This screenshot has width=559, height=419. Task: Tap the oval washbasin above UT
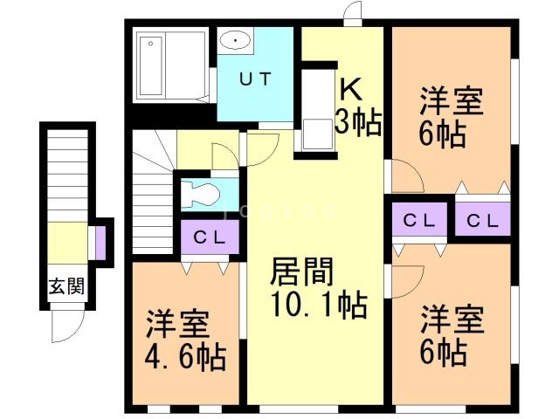pos(234,40)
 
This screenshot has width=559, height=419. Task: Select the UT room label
pos(255,78)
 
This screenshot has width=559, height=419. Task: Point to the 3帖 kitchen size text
pos(357,123)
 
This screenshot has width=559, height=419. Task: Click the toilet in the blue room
pos(199,193)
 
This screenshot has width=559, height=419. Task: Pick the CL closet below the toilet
pos(210,237)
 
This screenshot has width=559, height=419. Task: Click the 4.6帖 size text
pos(184,356)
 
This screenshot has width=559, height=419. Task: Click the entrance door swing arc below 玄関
pos(67,328)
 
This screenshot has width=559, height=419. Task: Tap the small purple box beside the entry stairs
pos(100,244)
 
